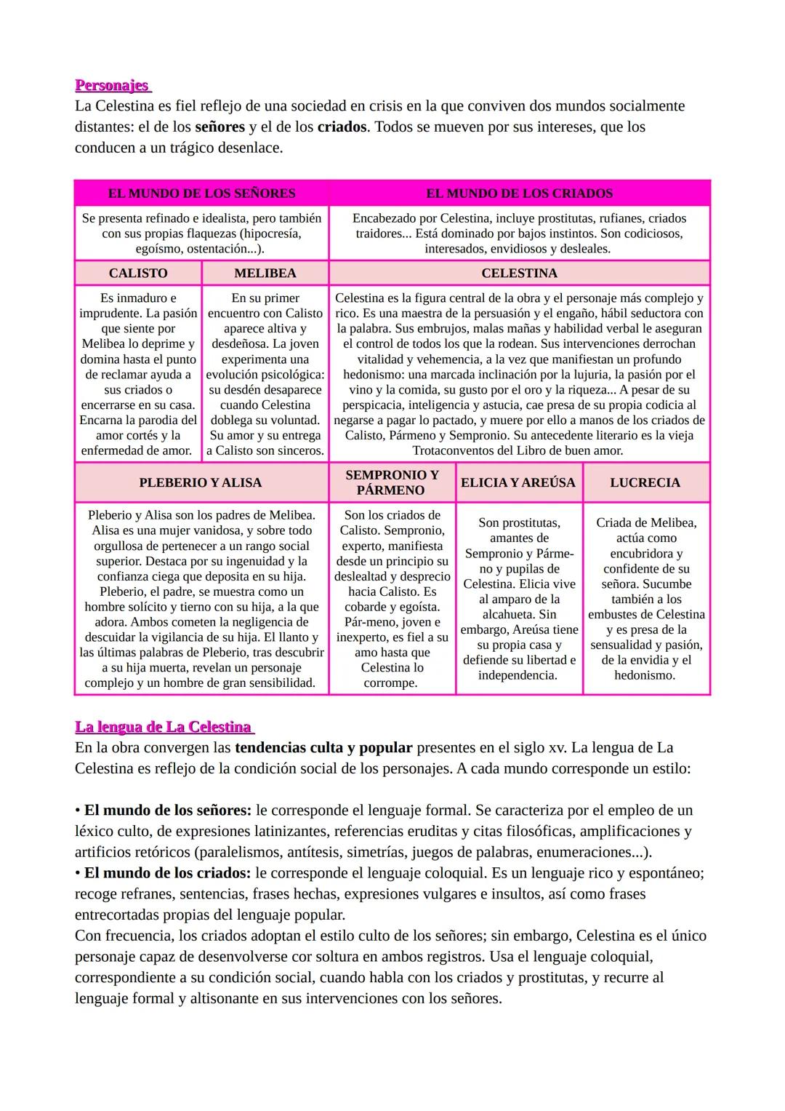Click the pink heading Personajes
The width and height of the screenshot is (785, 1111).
pyautogui.click(x=112, y=85)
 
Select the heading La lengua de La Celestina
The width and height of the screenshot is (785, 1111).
pyautogui.click(x=164, y=727)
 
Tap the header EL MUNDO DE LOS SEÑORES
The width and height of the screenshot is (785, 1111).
pyautogui.click(x=201, y=194)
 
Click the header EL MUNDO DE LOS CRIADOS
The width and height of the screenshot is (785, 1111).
pyautogui.click(x=519, y=194)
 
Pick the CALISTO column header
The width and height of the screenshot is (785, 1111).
pyautogui.click(x=138, y=273)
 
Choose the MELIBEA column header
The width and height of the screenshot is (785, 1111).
pyautogui.click(x=265, y=273)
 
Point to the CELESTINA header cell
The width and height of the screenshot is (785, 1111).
pyautogui.click(x=519, y=273)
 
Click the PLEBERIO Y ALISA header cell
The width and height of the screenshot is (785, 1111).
pyautogui.click(x=201, y=482)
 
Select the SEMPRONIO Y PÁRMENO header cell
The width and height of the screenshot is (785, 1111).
pyautogui.click(x=392, y=482)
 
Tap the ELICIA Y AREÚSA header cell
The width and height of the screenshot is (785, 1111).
pyautogui.click(x=518, y=482)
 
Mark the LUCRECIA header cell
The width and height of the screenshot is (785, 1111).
pyautogui.click(x=645, y=482)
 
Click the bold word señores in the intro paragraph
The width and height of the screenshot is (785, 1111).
pyautogui.click(x=220, y=127)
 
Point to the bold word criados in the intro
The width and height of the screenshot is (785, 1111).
pyautogui.click(x=342, y=127)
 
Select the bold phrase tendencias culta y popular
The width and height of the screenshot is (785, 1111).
pyautogui.click(x=323, y=747)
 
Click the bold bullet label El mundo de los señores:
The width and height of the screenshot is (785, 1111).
pyautogui.click(x=168, y=810)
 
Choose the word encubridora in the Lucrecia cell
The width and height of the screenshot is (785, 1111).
pyautogui.click(x=646, y=553)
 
